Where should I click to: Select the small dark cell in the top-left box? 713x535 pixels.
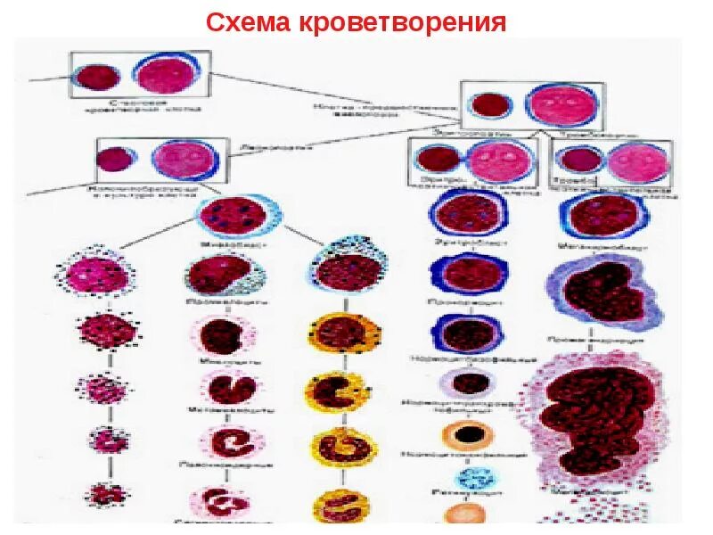point(93,77)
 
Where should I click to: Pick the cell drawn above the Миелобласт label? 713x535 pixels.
point(237,215)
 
